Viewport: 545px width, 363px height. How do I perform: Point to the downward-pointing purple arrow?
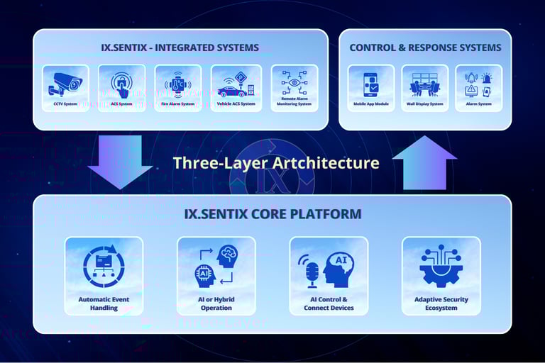coord(120,162)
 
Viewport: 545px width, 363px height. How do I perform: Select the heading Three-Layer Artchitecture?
coord(276,163)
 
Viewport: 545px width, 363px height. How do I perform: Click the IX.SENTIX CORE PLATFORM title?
coord(272,213)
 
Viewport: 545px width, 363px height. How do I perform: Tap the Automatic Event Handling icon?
coord(104,267)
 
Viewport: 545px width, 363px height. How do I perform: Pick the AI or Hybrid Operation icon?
coord(216,267)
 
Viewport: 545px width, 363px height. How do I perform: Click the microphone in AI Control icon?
coord(312,272)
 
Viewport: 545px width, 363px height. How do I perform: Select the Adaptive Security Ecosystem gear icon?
coord(441,267)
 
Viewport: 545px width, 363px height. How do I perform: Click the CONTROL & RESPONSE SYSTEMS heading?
coord(425,48)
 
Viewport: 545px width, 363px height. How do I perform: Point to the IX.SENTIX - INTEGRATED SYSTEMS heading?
coord(180,48)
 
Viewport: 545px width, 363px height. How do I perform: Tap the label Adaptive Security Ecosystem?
coord(441,304)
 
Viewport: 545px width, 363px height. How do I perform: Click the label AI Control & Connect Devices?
coord(329,304)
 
